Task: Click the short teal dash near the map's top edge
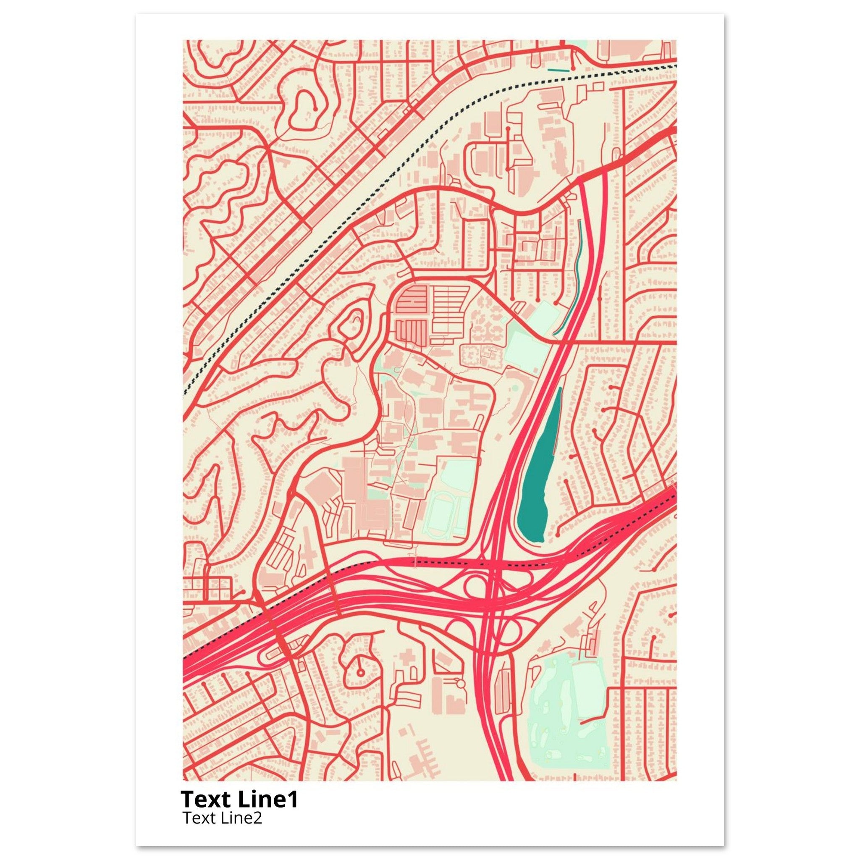click(x=558, y=70)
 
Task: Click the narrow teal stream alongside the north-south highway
click(x=577, y=276)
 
